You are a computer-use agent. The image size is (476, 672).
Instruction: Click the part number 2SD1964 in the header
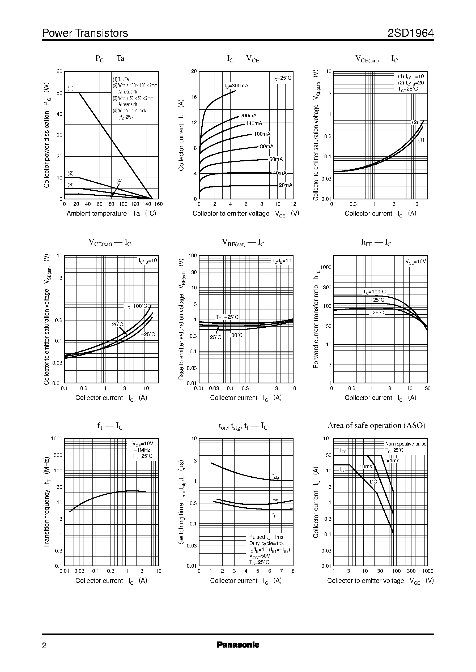pyautogui.click(x=410, y=33)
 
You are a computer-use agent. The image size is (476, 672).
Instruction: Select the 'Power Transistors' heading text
pyautogui.click(x=85, y=33)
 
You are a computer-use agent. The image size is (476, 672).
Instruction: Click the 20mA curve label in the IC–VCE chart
pyautogui.click(x=285, y=185)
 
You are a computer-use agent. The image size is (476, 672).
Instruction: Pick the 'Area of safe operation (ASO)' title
pyautogui.click(x=376, y=425)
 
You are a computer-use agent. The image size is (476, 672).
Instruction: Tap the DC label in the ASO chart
pyautogui.click(x=373, y=482)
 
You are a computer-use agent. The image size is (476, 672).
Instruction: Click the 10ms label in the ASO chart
pyautogui.click(x=365, y=466)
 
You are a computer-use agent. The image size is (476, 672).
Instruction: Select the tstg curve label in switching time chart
pyautogui.click(x=275, y=476)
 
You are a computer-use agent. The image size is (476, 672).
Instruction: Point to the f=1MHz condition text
pyautogui.click(x=141, y=450)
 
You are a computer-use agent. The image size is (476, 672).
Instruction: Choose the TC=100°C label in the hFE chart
pyautogui.click(x=374, y=292)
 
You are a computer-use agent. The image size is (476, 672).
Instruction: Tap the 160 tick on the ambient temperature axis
pyautogui.click(x=158, y=204)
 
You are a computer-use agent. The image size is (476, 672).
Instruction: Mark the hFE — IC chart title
pyautogui.click(x=376, y=243)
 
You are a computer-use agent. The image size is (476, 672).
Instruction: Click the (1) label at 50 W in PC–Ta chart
pyautogui.click(x=71, y=88)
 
